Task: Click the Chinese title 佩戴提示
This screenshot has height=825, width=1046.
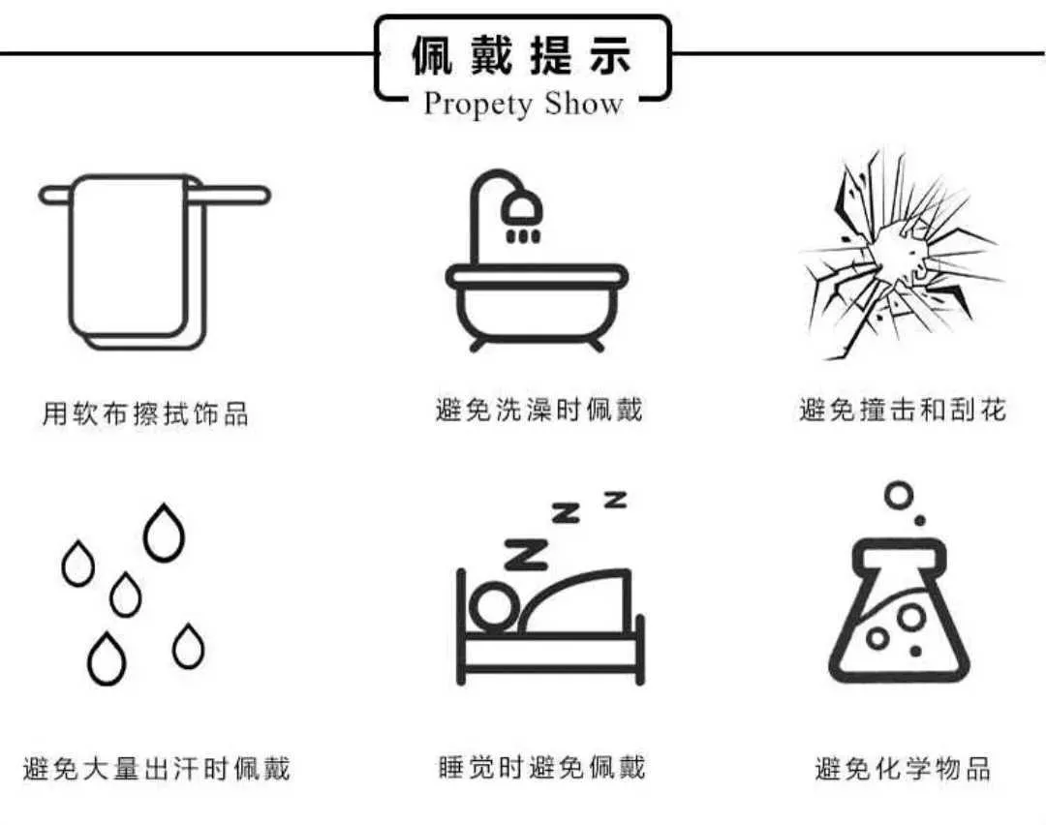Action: pos(521,54)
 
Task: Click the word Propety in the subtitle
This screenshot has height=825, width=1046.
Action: pos(478,105)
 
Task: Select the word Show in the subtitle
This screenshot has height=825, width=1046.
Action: pos(584,104)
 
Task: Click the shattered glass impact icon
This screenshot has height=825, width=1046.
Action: pos(902,255)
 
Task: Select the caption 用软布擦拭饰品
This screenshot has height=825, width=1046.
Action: pos(145,413)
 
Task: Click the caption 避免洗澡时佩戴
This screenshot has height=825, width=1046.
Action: pos(538,410)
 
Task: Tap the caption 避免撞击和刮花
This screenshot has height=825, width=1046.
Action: pos(903,410)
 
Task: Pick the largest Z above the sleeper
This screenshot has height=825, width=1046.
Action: pos(526,554)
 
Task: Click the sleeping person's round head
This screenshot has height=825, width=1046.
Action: pos(494,605)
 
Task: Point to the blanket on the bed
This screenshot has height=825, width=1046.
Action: pos(574,601)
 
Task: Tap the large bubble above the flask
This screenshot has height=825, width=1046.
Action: pos(898,495)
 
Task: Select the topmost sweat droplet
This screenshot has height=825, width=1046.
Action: pos(164,533)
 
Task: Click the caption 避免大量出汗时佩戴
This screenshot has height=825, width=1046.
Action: pos(157,769)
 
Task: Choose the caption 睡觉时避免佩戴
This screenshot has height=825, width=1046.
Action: pos(541,768)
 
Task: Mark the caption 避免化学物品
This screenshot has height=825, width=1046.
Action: pos(903,768)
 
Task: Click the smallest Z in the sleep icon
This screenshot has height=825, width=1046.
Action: pos(616,500)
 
